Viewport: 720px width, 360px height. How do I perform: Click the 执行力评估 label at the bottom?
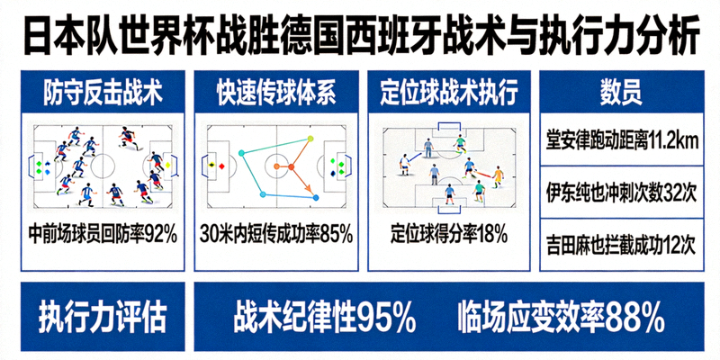(102, 316)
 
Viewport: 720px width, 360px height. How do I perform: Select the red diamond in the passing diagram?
(221, 166)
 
